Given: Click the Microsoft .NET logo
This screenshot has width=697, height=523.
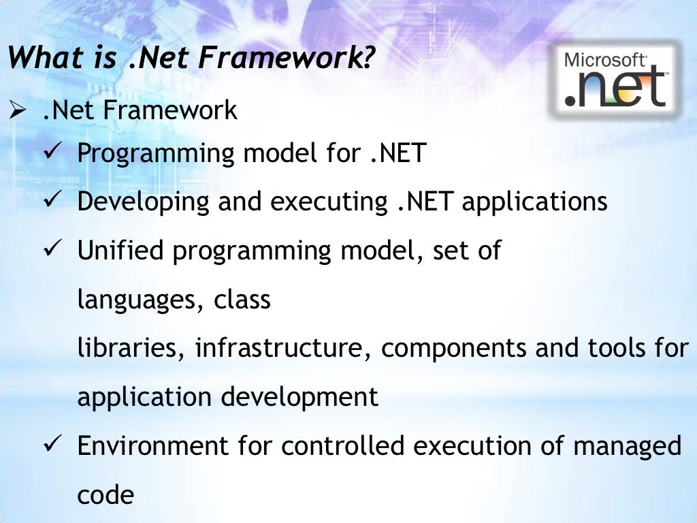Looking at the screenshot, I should tap(615, 80).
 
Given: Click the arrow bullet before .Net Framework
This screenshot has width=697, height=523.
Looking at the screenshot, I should tap(17, 110).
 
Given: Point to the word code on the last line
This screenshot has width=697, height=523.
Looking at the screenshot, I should tap(106, 495).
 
